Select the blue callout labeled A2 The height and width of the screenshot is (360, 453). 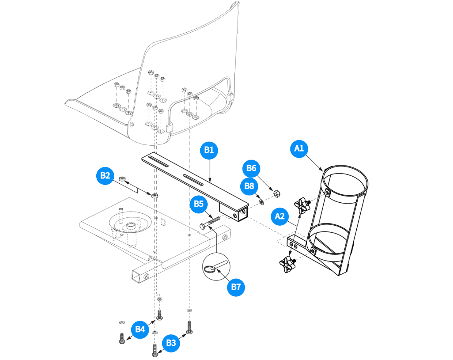[x=280, y=216]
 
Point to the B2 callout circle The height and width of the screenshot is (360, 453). [x=105, y=176]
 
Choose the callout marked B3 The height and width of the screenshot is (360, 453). [x=171, y=343]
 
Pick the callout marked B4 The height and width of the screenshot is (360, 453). [x=140, y=329]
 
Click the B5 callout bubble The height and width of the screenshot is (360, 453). [x=199, y=204]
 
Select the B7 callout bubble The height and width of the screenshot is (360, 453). [x=236, y=287]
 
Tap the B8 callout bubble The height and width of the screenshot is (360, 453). [x=248, y=186]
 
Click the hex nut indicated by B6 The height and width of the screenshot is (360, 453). [x=277, y=193]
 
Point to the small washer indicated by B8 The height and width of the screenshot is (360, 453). [x=262, y=202]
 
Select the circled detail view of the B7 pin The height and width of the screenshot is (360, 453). [x=216, y=266]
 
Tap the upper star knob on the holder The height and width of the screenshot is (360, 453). [x=303, y=205]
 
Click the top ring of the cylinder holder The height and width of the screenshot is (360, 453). [x=344, y=181]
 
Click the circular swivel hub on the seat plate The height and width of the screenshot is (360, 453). [x=130, y=223]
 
